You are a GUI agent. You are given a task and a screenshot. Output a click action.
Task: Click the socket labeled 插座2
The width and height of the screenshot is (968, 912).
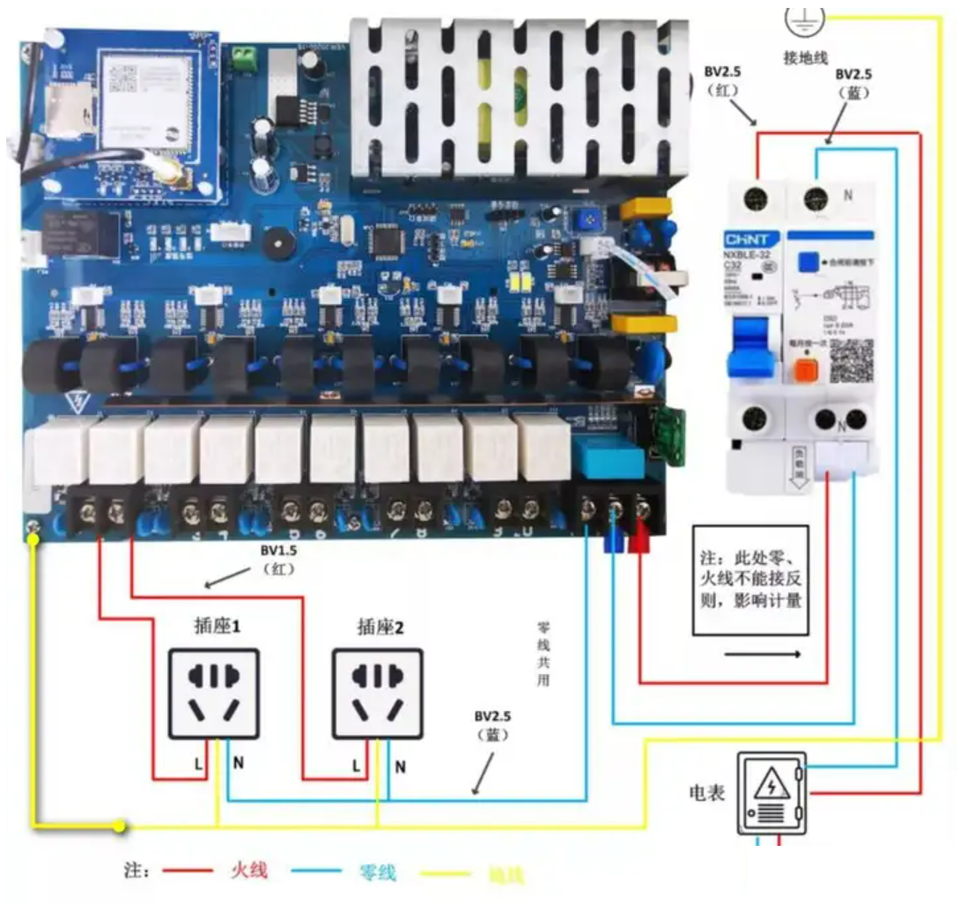click(377, 693)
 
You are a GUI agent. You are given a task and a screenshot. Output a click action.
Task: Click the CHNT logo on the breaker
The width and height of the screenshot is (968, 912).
click(751, 240)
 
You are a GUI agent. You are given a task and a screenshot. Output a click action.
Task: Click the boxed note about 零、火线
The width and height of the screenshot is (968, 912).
click(750, 581)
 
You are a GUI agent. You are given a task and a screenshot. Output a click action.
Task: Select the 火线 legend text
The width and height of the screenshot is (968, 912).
click(249, 871)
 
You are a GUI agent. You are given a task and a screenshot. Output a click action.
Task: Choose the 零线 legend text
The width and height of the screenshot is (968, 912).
click(378, 872)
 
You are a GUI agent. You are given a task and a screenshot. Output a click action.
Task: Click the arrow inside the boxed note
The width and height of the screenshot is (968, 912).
click(763, 655)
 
